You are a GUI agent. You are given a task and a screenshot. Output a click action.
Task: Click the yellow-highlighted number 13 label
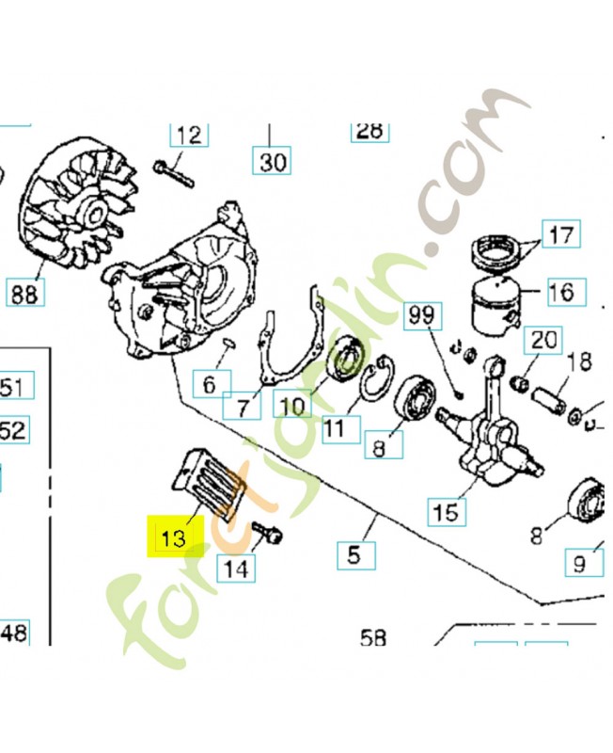click(x=174, y=538)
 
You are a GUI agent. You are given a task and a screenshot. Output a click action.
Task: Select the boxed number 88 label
click(x=26, y=294)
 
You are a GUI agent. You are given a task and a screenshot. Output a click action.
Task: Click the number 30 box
click(x=273, y=162)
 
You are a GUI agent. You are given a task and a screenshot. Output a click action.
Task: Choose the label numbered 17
click(x=560, y=233)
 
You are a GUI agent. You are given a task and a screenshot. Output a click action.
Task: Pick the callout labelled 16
click(x=559, y=291)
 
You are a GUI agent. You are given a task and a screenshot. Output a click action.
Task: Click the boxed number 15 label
click(x=446, y=511)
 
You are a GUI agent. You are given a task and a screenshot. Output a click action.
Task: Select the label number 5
click(x=354, y=553)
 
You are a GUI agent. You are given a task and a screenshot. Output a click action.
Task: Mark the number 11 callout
click(x=335, y=428)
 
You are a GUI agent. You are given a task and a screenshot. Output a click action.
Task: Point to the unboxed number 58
click(x=373, y=639)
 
